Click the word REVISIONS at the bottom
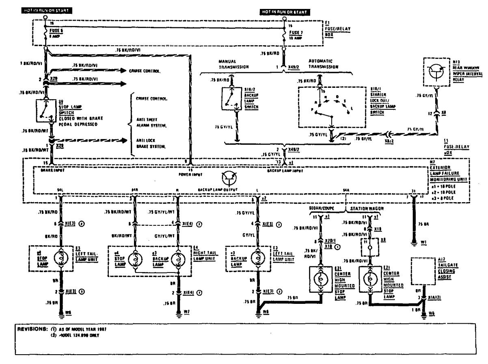coord(28,328)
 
